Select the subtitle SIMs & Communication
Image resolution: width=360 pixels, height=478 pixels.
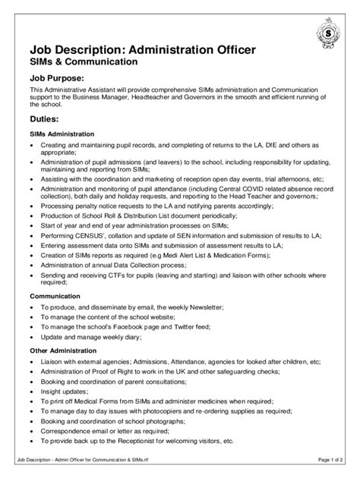(84, 61)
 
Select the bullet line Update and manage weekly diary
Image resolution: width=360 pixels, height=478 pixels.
(90, 336)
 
